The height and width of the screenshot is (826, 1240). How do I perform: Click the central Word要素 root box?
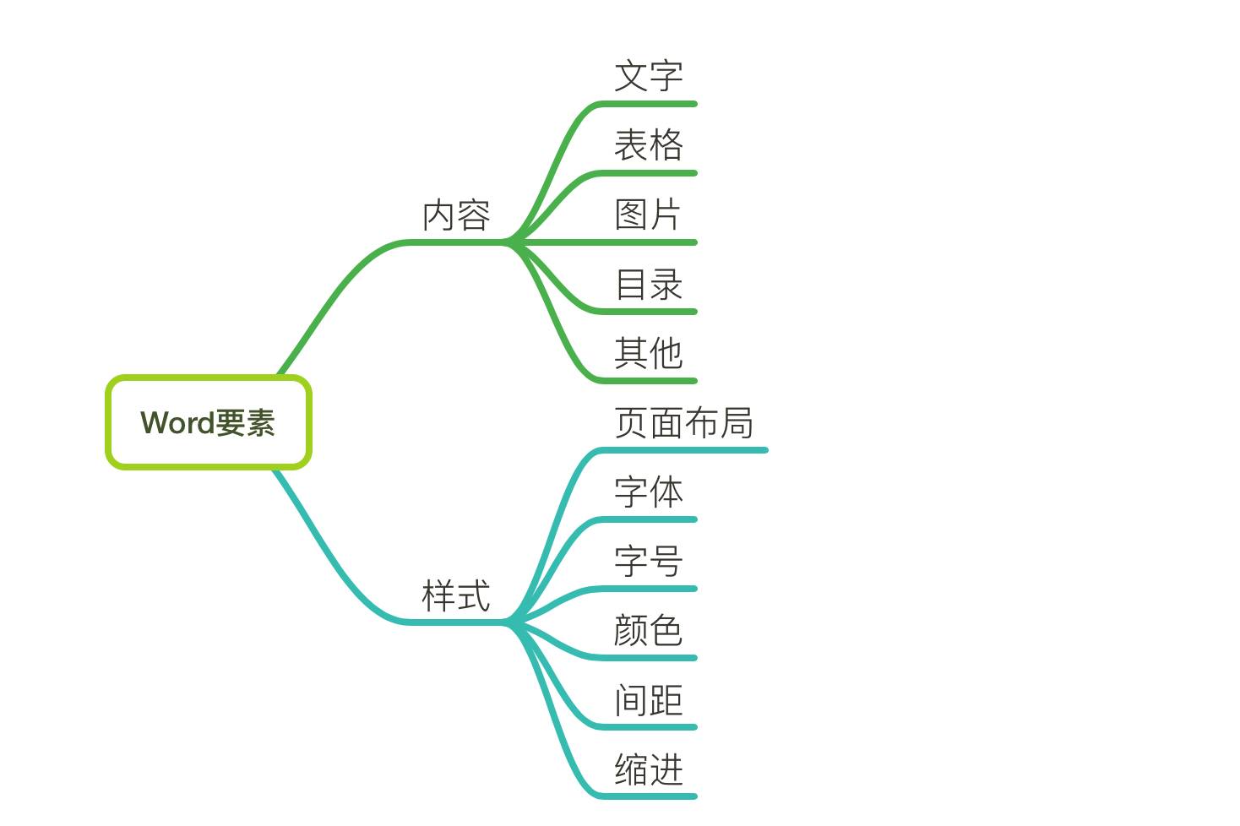tap(209, 422)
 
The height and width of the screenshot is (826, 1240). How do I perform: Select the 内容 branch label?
tap(456, 215)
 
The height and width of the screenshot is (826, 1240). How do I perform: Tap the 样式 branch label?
tap(456, 596)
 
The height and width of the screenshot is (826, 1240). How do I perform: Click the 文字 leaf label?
tap(648, 76)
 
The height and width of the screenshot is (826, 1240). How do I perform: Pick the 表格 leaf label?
tap(648, 145)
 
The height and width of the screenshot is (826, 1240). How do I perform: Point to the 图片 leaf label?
tap(647, 215)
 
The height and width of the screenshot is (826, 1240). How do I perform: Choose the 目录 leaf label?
tap(648, 284)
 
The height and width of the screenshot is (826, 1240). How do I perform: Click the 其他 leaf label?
tap(648, 353)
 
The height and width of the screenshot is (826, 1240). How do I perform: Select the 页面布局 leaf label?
tap(683, 422)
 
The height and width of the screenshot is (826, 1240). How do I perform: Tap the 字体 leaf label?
tap(648, 492)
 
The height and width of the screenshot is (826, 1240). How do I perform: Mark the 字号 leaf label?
tap(648, 561)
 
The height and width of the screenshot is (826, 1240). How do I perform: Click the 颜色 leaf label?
tap(648, 630)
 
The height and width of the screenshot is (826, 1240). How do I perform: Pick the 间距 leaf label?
tap(648, 699)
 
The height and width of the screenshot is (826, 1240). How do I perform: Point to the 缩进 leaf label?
tap(648, 769)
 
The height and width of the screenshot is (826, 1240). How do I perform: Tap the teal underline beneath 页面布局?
tap(684, 450)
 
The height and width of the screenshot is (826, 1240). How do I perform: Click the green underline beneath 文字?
tap(650, 104)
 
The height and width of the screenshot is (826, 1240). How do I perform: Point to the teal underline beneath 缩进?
tap(650, 796)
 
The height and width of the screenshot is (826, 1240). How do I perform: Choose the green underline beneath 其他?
tap(650, 381)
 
